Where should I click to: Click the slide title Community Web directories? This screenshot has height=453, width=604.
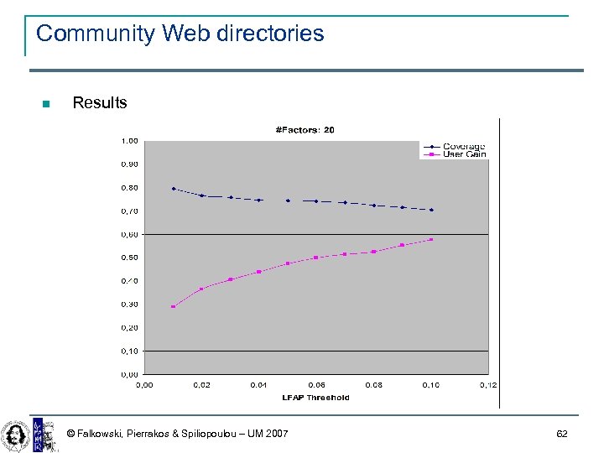pos(180,34)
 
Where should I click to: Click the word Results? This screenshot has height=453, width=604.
pos(100,103)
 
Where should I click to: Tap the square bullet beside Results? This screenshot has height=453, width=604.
pos(46,104)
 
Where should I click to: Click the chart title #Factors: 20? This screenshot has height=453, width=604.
pos(305,130)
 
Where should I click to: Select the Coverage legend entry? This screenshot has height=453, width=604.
pos(464,146)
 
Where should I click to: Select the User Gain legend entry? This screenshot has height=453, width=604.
pos(464,154)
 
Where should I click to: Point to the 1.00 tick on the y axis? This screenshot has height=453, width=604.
pos(130,140)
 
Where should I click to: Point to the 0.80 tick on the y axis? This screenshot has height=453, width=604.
pos(130,188)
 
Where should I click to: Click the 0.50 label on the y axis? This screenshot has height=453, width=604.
pos(130,258)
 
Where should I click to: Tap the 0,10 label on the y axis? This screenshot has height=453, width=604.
pos(130,351)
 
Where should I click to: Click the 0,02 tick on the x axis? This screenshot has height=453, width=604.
pos(201,385)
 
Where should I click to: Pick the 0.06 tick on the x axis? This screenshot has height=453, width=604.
pos(316,385)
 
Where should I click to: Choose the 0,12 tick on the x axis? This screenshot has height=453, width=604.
pos(488,385)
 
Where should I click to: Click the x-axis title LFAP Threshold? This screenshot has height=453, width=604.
pos(315,398)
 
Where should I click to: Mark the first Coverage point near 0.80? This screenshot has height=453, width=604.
pos(174,189)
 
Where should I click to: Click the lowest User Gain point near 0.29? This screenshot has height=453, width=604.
pos(174,306)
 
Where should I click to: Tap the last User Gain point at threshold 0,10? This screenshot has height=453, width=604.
pos(431,239)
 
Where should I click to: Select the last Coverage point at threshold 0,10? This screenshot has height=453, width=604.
pos(431,210)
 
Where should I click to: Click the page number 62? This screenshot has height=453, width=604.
pos(562,434)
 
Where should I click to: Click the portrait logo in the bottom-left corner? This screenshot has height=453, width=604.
pos(14,434)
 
